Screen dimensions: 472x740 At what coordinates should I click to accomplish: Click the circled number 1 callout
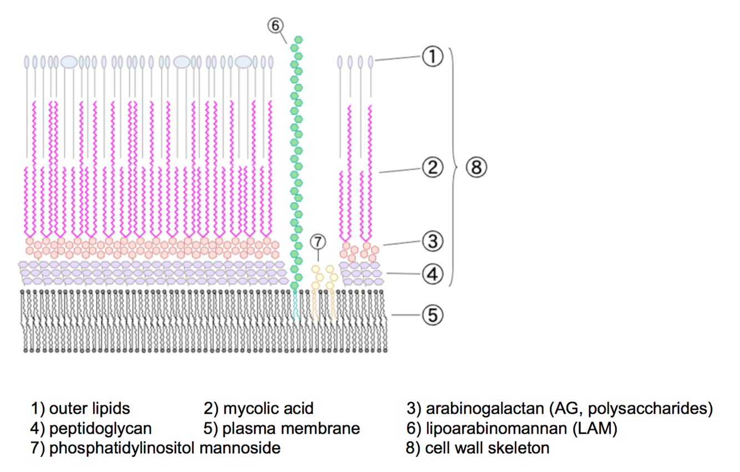[432, 57]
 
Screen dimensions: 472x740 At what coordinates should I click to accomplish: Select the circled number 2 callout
[432, 166]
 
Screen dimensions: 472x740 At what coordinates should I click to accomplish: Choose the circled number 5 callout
[432, 315]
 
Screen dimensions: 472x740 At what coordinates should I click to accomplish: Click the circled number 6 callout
[276, 26]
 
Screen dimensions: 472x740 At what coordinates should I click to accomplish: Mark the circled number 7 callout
[317, 242]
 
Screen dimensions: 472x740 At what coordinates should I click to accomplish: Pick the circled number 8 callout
[476, 166]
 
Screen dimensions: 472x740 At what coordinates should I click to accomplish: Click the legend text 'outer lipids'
[89, 409]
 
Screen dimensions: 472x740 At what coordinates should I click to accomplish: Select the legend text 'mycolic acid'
[268, 409]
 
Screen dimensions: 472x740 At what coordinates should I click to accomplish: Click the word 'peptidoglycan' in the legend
[100, 428]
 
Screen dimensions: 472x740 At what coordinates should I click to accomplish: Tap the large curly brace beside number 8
[456, 166]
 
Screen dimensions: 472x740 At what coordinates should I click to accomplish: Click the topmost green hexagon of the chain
[298, 40]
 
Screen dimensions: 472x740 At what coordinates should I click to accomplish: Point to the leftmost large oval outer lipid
[69, 62]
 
